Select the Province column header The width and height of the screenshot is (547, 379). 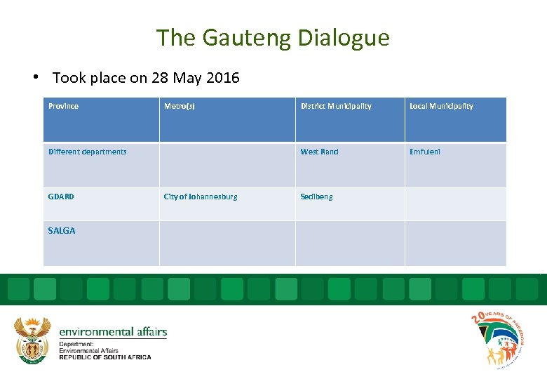pos(63,106)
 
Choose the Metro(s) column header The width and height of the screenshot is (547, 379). pos(180,106)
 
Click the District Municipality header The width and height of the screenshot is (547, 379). pos(336,106)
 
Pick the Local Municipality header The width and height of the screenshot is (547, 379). pos(441,106)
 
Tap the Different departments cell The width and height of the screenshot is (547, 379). pos(88,152)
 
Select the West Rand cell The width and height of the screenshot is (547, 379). pos(319,152)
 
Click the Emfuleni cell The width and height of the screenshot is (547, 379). pos(425,152)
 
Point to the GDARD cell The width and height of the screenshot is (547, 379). pos(61,197)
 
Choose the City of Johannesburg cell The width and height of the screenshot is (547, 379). pos(201,197)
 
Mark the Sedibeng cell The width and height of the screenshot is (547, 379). pos(316,197)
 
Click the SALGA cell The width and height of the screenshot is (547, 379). pos(62,230)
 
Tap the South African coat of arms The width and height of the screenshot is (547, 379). pos(32,340)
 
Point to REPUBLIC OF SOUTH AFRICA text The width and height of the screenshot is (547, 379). pos(105,357)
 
